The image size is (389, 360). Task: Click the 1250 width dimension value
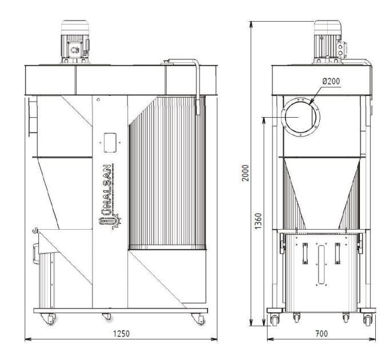click(121, 334)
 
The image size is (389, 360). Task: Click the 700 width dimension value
click(321, 334)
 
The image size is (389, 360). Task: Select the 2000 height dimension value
click(245, 173)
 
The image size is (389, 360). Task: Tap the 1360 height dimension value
click(259, 221)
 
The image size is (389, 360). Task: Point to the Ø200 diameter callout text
click(331, 81)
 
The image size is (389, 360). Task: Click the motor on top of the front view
click(75, 42)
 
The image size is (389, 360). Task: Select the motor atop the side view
click(330, 42)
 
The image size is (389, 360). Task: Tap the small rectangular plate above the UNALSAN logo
click(110, 142)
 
